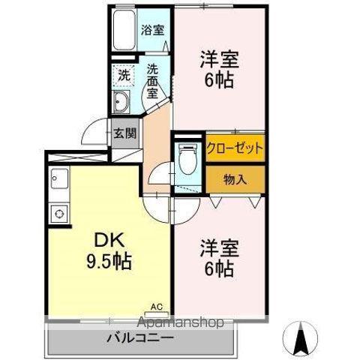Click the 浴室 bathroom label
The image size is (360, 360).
pos(154,31)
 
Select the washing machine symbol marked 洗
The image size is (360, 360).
pos(123,74)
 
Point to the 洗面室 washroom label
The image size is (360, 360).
pos(153,81)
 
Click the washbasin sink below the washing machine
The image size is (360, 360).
pos(121,103)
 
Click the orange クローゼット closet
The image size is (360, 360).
pos(235,148)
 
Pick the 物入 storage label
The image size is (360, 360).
pos(235,180)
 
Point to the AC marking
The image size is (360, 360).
pos(156,307)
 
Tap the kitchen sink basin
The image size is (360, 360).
pos(59,181)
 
